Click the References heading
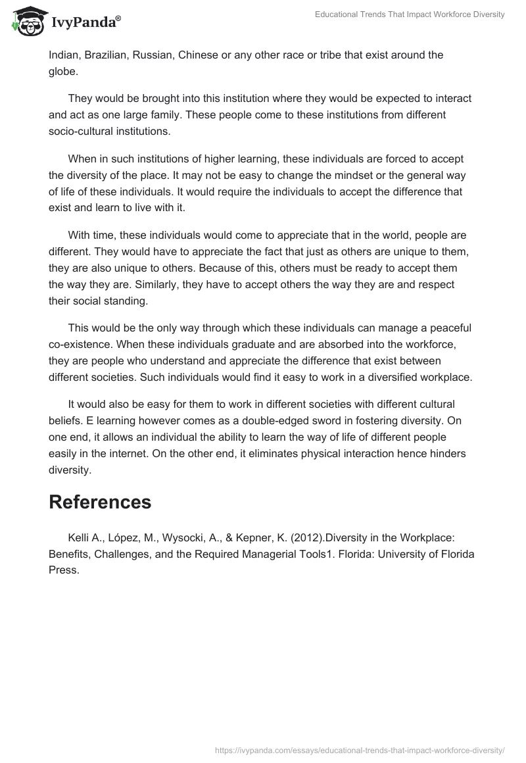(x=100, y=502)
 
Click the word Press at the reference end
(x=64, y=570)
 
